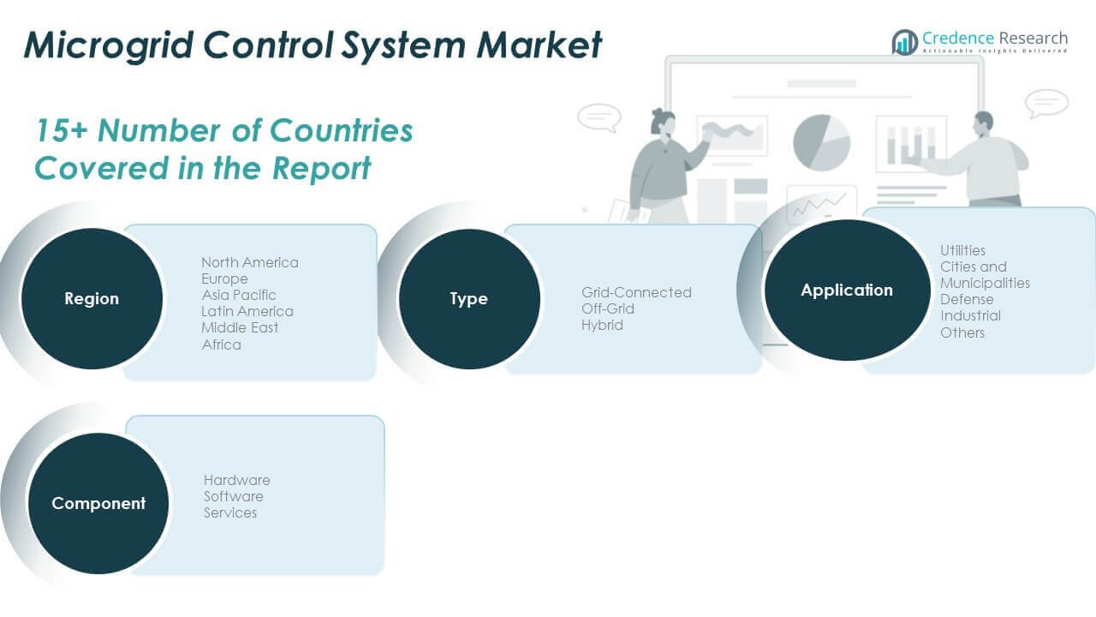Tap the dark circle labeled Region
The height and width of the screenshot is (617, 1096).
(92, 299)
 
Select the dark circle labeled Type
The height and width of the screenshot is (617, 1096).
(469, 299)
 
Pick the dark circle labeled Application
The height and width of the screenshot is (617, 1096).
(846, 291)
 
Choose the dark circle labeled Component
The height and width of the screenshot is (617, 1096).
(98, 504)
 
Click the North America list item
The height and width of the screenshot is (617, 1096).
(250, 262)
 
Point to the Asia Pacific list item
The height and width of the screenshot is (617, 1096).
(239, 295)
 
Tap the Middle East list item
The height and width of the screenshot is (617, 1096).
(240, 327)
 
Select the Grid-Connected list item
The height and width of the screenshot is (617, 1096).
(636, 292)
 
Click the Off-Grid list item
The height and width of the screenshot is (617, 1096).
(608, 308)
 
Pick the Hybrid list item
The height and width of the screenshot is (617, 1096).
(602, 325)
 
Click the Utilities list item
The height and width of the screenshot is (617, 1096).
(962, 250)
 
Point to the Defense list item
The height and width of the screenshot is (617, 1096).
(967, 299)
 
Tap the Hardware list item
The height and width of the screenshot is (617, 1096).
(236, 480)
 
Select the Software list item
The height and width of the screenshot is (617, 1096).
(233, 496)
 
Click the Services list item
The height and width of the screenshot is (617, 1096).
(229, 512)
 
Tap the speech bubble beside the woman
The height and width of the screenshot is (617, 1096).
(599, 117)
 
